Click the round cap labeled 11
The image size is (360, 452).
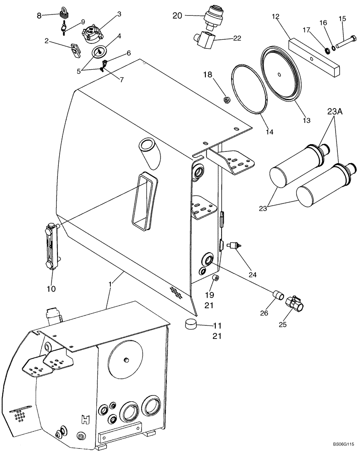coord(192,324)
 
